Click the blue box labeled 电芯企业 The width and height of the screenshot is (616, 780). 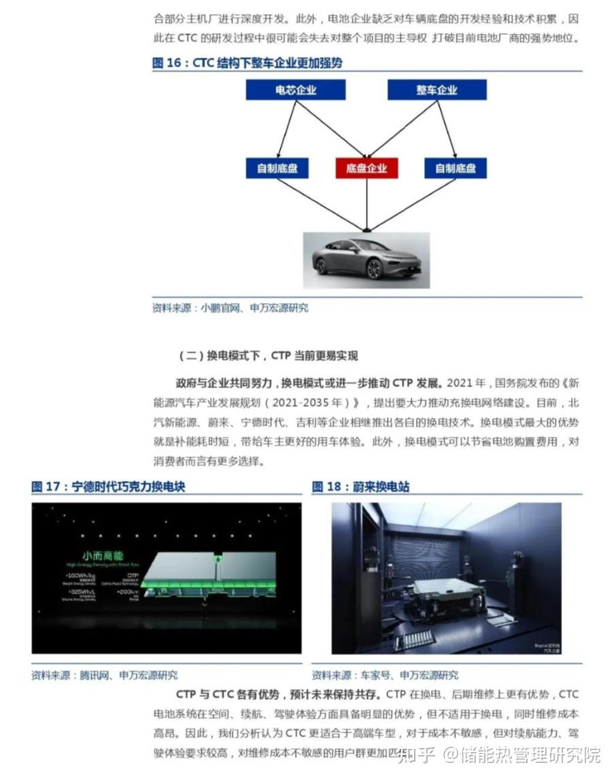[296, 90]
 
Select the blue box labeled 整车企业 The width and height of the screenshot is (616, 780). [437, 90]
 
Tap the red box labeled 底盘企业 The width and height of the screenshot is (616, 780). [366, 169]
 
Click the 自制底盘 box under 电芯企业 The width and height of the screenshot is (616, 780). [277, 169]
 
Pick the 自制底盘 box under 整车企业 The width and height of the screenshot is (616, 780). [456, 169]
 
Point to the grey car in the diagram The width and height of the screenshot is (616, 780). [366, 260]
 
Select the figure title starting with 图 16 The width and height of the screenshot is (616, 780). [247, 63]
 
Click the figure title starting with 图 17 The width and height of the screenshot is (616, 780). [108, 486]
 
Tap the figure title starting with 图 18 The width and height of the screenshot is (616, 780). [360, 486]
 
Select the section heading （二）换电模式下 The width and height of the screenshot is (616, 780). [268, 355]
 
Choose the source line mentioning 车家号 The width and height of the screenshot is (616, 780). [385, 675]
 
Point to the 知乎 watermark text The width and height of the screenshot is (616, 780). [415, 754]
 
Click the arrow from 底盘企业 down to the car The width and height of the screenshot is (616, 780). [366, 204]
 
